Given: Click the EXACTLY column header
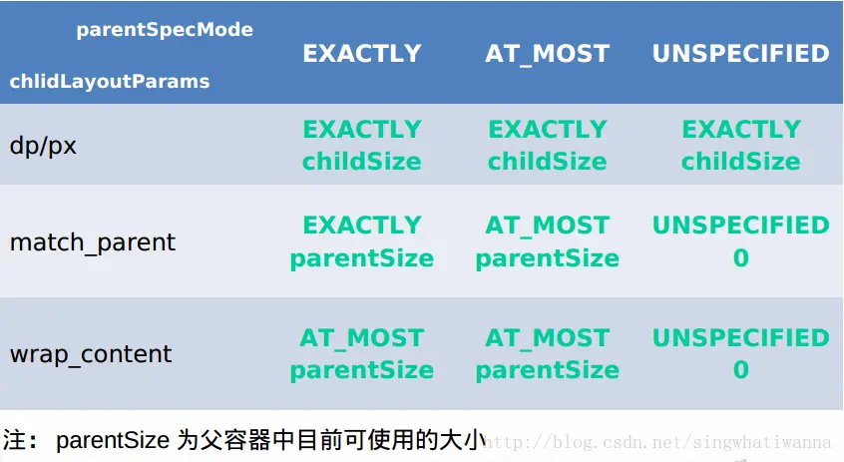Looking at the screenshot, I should (362, 54).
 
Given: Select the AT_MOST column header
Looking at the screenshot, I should (547, 54).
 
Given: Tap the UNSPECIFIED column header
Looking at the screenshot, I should (740, 54).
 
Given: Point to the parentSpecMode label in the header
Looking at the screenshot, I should (165, 30).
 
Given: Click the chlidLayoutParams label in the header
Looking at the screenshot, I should (110, 81).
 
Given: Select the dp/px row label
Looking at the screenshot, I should (43, 146).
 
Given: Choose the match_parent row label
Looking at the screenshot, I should (93, 242).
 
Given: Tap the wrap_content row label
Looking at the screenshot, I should (91, 354).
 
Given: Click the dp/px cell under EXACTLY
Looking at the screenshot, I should (362, 146).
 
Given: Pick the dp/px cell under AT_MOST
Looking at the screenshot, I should (547, 146).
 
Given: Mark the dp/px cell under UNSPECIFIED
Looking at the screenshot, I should (740, 146).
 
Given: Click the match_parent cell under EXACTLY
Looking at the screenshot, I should (362, 242).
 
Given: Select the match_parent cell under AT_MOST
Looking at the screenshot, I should (547, 242).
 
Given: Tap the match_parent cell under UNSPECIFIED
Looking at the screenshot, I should (740, 242).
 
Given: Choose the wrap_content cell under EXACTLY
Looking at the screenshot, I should (362, 354).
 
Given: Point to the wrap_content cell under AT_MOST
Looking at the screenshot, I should (547, 354).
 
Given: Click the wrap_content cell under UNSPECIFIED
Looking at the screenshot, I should (740, 354).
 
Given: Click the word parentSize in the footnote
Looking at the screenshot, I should (113, 440).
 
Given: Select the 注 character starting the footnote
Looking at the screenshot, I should (16, 440).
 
